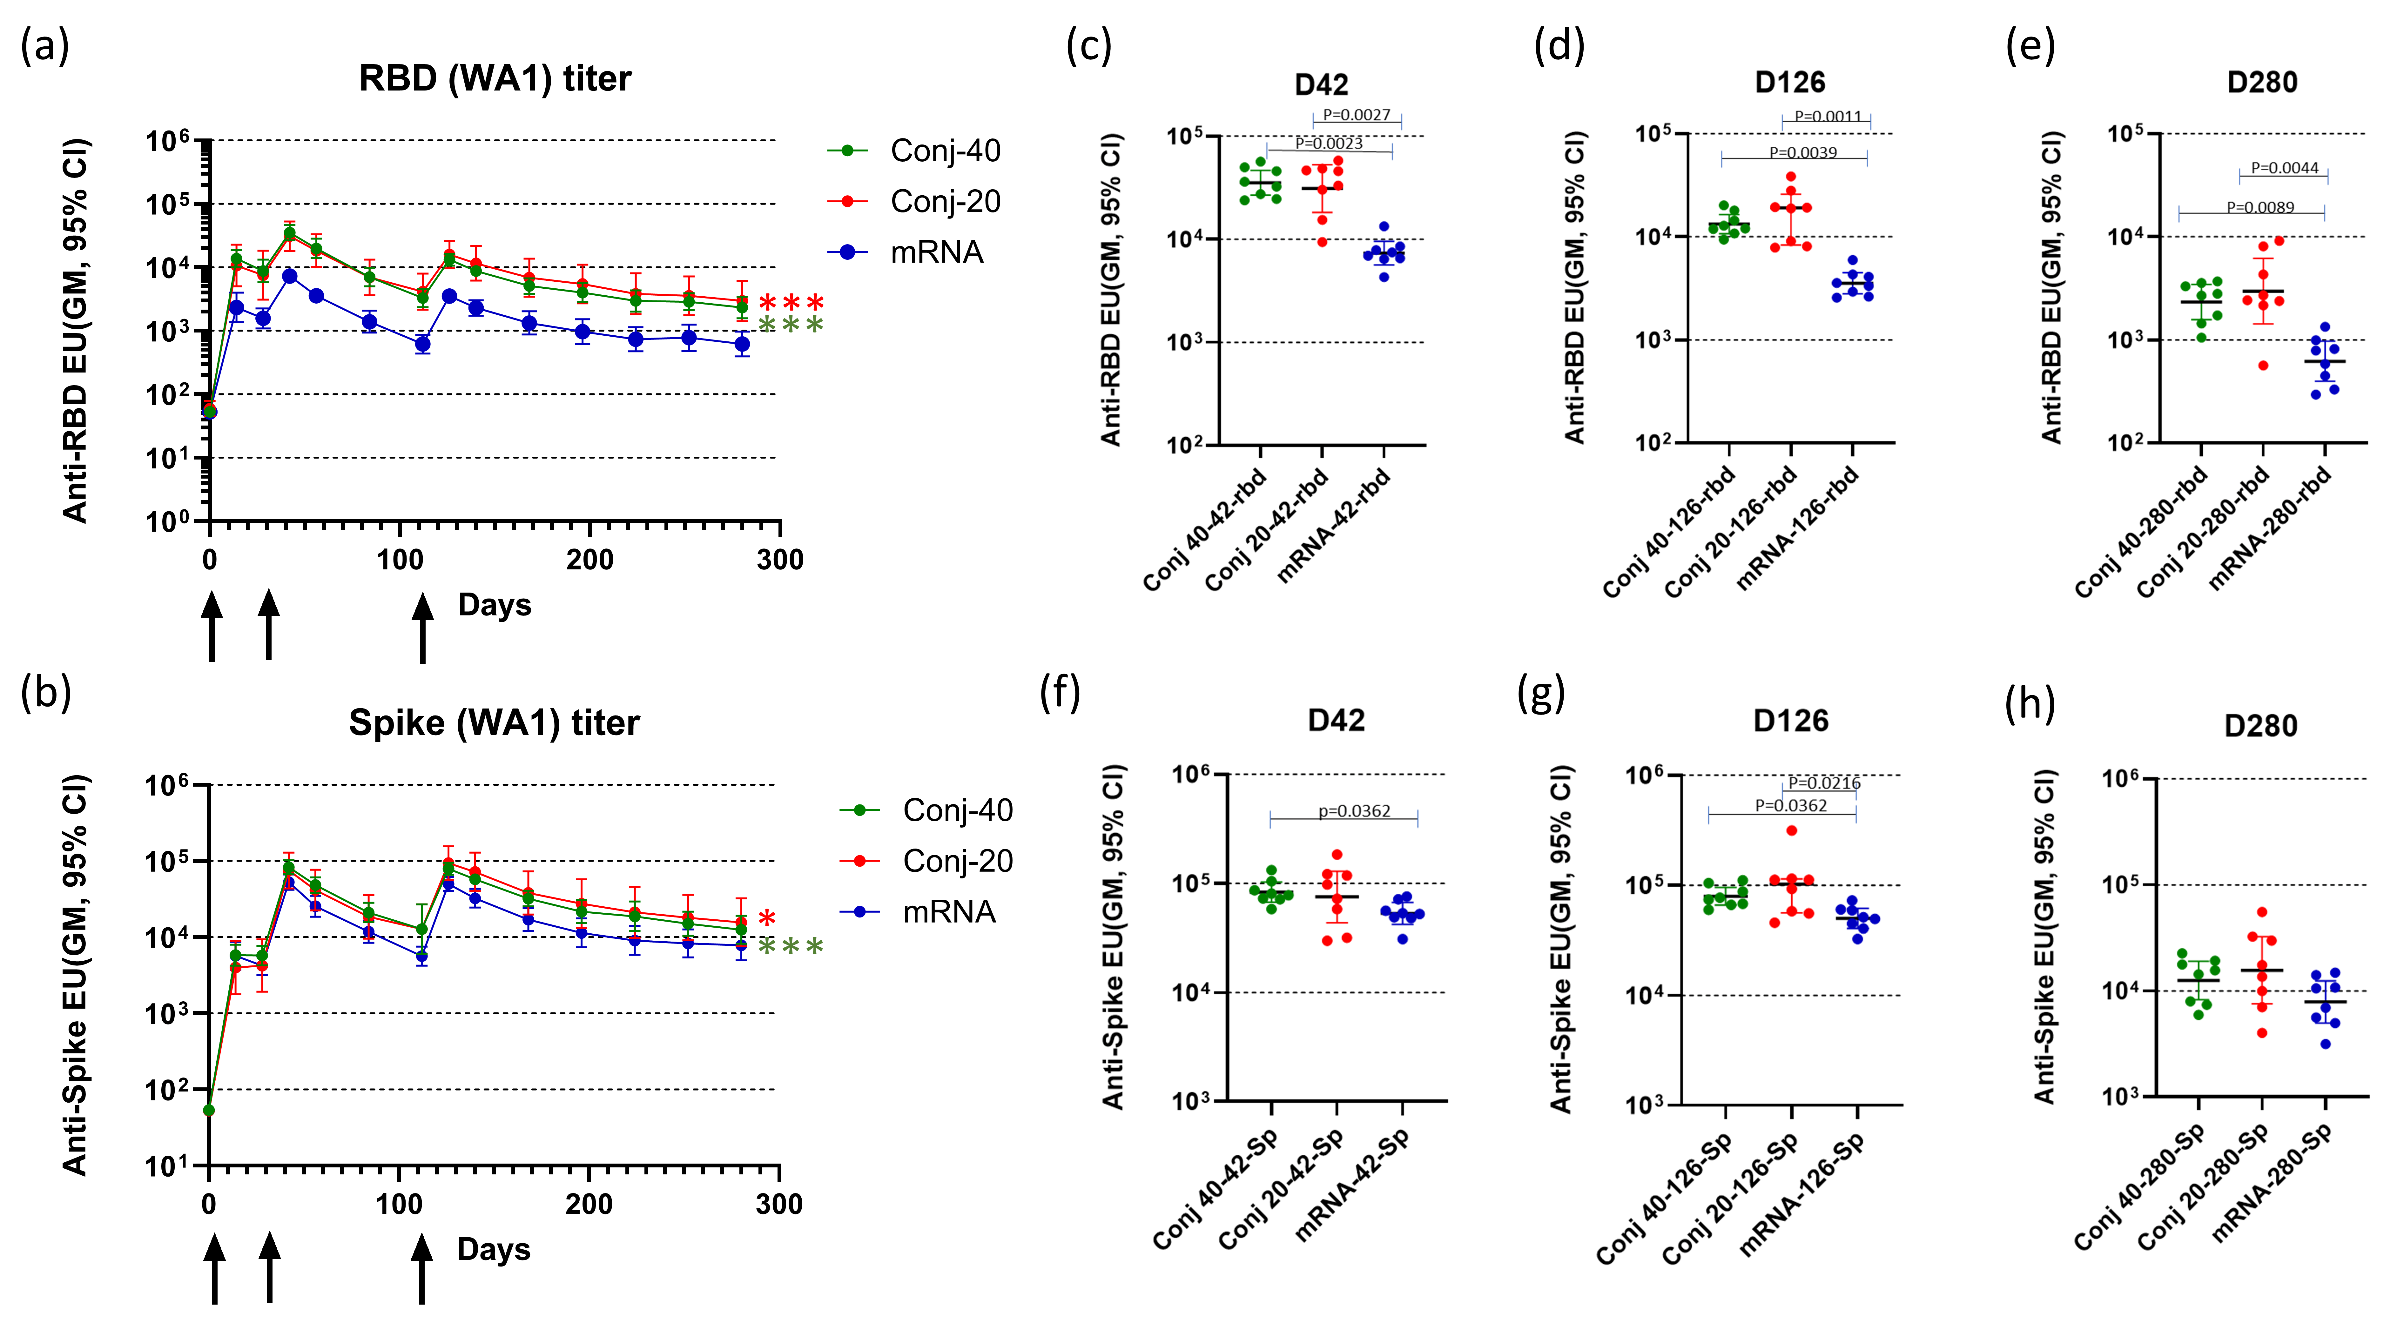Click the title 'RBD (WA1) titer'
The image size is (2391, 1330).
(495, 79)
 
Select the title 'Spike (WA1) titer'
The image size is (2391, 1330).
(494, 723)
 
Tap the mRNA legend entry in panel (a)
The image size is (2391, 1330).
(936, 252)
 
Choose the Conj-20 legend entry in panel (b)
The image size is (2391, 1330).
(957, 861)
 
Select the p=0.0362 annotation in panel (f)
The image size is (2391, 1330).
(1354, 811)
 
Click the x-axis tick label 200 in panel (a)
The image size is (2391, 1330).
(589, 560)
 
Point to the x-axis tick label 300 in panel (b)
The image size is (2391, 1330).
(779, 1205)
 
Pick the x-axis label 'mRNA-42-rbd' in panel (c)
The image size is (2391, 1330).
(1335, 525)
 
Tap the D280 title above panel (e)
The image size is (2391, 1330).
(2262, 83)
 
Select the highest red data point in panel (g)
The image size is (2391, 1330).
(1791, 831)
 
